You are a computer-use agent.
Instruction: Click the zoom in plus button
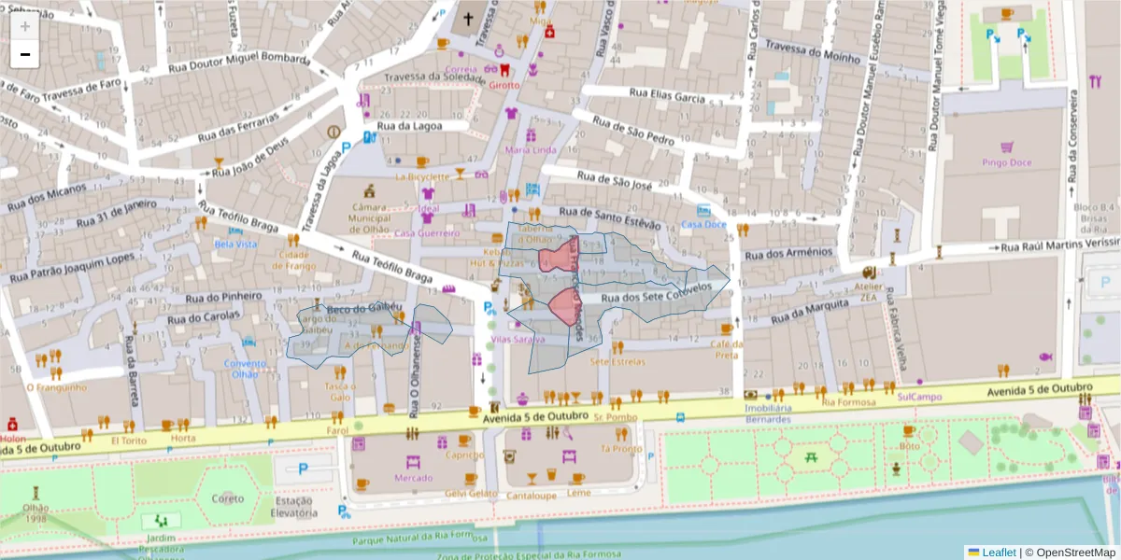(25, 26)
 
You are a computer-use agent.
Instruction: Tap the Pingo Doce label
(1006, 162)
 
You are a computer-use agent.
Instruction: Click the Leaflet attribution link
(998, 552)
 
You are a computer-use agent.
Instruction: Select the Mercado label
(414, 478)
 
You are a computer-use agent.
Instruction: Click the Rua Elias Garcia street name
(667, 94)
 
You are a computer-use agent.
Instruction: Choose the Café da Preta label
(726, 349)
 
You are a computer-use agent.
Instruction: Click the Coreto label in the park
(227, 497)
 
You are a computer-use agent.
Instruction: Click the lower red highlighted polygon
(565, 305)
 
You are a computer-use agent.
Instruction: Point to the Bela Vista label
(235, 244)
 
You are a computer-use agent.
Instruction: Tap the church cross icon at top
(468, 19)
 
